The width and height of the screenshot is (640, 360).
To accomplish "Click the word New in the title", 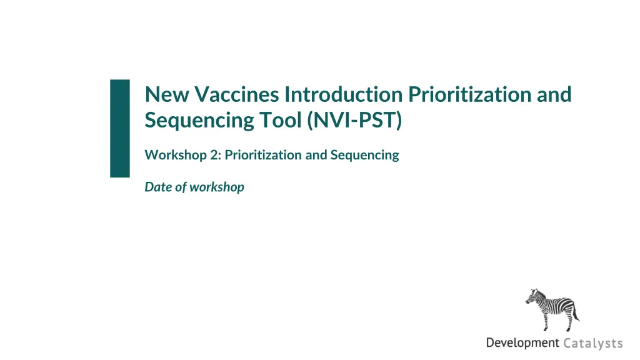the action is [166, 95].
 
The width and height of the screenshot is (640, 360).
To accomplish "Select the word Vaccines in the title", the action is [236, 95].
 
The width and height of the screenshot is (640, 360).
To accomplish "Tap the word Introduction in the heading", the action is [343, 95].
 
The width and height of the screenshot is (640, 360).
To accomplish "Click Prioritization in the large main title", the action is [469, 95].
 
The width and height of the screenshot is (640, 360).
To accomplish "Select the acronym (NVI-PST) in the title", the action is [355, 121].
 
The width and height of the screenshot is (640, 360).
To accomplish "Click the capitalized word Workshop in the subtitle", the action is [176, 155].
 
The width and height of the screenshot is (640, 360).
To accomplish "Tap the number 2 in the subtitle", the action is [215, 155].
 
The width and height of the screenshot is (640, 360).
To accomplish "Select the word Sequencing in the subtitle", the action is [364, 156].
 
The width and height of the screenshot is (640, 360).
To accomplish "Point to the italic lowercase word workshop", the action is [217, 187].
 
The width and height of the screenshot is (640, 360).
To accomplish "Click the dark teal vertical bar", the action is [120, 129].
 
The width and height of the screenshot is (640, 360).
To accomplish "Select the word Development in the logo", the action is [522, 343].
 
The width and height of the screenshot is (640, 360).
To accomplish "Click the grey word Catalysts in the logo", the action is [593, 343].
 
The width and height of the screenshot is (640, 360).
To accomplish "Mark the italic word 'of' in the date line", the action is [181, 187].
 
